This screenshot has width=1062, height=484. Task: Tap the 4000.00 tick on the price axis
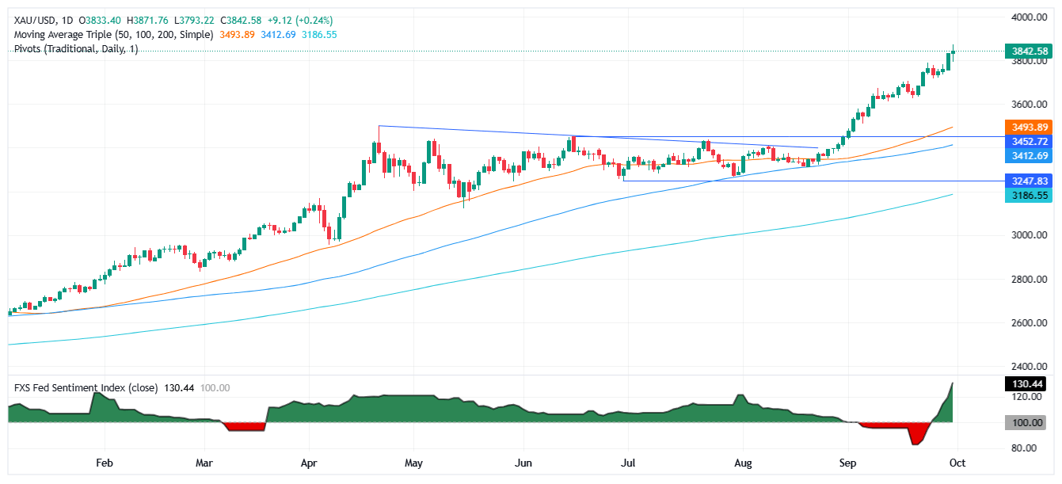[x=1030, y=17]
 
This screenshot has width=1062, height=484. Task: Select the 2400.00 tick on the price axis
[x=1030, y=367]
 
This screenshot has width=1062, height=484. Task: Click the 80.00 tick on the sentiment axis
[x=1030, y=448]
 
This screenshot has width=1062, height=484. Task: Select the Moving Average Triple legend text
[x=114, y=35]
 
